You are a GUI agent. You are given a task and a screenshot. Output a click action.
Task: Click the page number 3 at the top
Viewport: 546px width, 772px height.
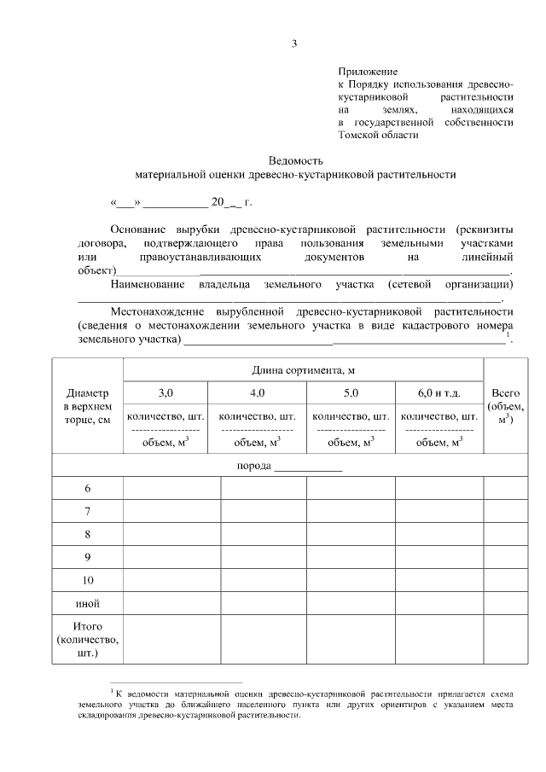(294, 44)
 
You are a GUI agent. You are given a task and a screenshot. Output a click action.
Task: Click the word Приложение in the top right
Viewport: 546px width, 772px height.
(368, 74)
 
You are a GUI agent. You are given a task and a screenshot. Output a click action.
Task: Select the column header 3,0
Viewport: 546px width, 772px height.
(166, 393)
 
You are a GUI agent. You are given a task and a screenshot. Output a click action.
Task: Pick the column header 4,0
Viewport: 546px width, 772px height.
(257, 393)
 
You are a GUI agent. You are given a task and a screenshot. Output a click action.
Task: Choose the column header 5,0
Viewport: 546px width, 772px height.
(351, 393)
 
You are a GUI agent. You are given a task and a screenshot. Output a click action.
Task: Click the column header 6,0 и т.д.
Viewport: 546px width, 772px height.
(439, 393)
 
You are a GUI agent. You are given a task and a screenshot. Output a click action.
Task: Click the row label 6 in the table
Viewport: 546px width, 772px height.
(88, 489)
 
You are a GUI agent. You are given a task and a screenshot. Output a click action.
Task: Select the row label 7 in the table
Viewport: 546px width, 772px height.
(88, 512)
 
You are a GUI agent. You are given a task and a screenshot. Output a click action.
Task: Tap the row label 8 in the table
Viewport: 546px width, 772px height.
(88, 535)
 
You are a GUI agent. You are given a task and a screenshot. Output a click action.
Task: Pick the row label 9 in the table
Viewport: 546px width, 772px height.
(88, 558)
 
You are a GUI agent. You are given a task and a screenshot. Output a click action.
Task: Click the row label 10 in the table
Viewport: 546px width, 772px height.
(88, 581)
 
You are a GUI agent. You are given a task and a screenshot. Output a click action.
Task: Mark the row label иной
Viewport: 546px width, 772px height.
(88, 604)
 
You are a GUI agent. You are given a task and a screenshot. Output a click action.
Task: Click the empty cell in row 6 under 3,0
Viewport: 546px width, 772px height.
(172, 489)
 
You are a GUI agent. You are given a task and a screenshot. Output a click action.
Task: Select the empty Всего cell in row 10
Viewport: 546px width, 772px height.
(505, 581)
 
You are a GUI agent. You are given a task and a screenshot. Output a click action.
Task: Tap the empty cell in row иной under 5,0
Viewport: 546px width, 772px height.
(351, 604)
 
